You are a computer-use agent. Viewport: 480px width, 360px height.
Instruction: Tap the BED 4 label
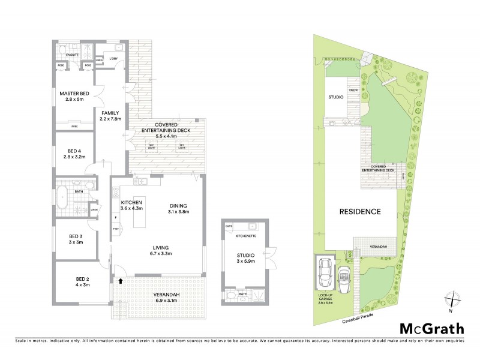pos(72,152)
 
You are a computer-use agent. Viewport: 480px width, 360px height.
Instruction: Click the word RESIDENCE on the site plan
pos(361,211)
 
